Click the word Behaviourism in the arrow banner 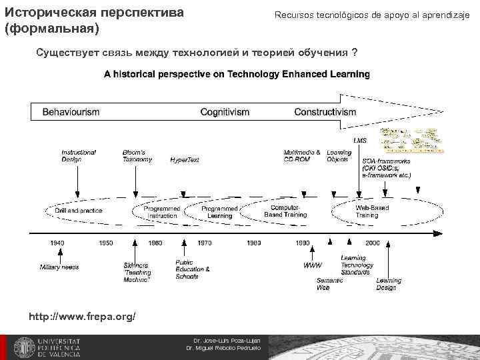pos(71,112)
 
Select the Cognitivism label pos(225,112)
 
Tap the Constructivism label pos(325,112)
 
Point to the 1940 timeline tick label pos(57,243)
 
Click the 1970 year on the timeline pos(205,243)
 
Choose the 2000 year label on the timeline pos(372,243)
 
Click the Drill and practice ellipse pos(78,211)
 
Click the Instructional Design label pos(79,156)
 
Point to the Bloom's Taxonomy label pos(137,156)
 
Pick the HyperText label pos(184,160)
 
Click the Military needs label pos(59,267)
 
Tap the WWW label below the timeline pos(312,265)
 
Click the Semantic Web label pos(325,284)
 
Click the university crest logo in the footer pos(24,347)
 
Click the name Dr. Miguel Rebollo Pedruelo pos(223,348)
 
